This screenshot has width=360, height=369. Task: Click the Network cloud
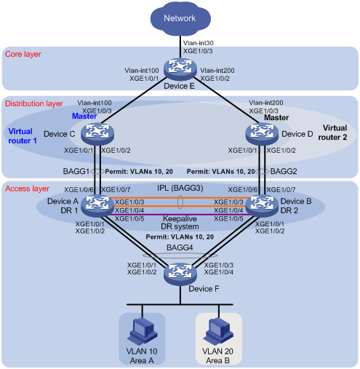pyautogui.click(x=180, y=19)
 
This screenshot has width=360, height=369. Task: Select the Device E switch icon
pyautogui.click(x=180, y=68)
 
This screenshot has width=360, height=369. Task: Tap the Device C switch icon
pyautogui.click(x=97, y=134)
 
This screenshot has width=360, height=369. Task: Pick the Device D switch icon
pyautogui.click(x=262, y=134)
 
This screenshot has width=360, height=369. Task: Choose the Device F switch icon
pyautogui.click(x=180, y=274)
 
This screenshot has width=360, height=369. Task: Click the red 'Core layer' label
pyautogui.click(x=23, y=54)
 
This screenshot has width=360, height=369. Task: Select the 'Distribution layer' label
pyautogui.click(x=34, y=103)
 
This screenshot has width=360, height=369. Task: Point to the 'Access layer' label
pyautogui.click(x=27, y=189)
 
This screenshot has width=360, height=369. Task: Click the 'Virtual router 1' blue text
pyautogui.click(x=23, y=136)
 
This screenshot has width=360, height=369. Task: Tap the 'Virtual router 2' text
pyautogui.click(x=332, y=132)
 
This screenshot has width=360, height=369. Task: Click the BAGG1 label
pyautogui.click(x=76, y=171)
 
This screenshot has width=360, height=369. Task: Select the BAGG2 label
pyautogui.click(x=284, y=171)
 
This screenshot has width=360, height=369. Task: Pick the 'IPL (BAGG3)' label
pyautogui.click(x=180, y=188)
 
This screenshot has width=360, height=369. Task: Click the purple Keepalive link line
pyautogui.click(x=180, y=215)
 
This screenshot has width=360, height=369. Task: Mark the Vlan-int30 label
pyautogui.click(x=199, y=43)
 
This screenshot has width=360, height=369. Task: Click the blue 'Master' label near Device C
pyautogui.click(x=84, y=116)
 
